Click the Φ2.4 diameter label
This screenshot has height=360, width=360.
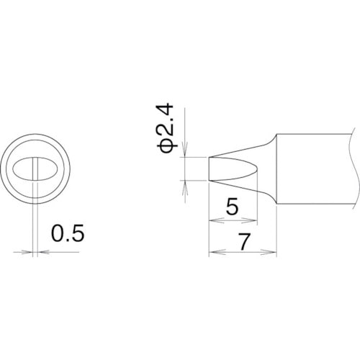pyautogui.click(x=165, y=128)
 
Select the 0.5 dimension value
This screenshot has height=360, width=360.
pyautogui.click(x=68, y=233)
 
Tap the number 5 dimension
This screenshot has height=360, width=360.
pyautogui.click(x=233, y=206)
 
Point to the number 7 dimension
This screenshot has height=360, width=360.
pyautogui.click(x=244, y=241)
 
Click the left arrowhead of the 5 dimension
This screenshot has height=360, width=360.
pyautogui.click(x=216, y=220)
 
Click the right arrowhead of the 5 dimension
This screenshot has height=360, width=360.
pyautogui.click(x=250, y=220)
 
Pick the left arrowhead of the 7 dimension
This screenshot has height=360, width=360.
pyautogui.click(x=217, y=252)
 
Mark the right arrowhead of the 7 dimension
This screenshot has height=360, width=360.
pyautogui.click(x=269, y=252)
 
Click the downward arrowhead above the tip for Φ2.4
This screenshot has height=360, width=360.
pyautogui.click(x=185, y=149)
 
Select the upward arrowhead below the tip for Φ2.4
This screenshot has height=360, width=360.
pyautogui.click(x=185, y=188)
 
